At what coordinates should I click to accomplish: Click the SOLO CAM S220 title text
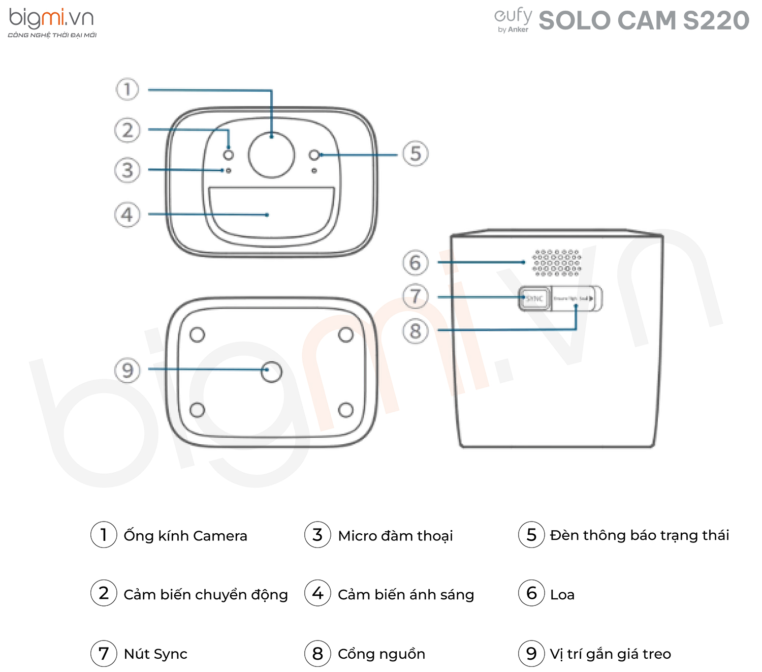pyautogui.click(x=644, y=21)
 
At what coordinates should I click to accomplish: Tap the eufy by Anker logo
pyautogui.click(x=513, y=21)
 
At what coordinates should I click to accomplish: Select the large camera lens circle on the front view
pyautogui.click(x=271, y=155)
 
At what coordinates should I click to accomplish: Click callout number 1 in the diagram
pyautogui.click(x=127, y=89)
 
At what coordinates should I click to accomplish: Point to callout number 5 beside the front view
pyautogui.click(x=416, y=154)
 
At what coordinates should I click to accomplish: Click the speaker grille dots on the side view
pyautogui.click(x=557, y=262)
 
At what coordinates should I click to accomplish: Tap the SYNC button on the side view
pyautogui.click(x=534, y=298)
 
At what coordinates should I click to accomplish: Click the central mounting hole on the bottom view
pyautogui.click(x=271, y=372)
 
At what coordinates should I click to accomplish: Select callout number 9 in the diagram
pyautogui.click(x=127, y=370)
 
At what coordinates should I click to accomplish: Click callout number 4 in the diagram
pyautogui.click(x=127, y=215)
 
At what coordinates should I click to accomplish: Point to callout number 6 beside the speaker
pyautogui.click(x=416, y=263)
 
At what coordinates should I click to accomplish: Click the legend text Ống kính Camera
pyautogui.click(x=185, y=536)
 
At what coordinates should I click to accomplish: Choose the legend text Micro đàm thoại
pyautogui.click(x=395, y=536)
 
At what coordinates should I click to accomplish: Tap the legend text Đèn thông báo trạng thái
pyautogui.click(x=640, y=535)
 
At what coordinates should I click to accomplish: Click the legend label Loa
pyautogui.click(x=562, y=595)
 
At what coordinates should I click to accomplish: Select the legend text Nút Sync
pyautogui.click(x=155, y=654)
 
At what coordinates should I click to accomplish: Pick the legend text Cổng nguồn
pyautogui.click(x=382, y=654)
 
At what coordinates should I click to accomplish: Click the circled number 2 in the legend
pyautogui.click(x=104, y=593)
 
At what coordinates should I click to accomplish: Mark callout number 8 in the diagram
pyautogui.click(x=416, y=331)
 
